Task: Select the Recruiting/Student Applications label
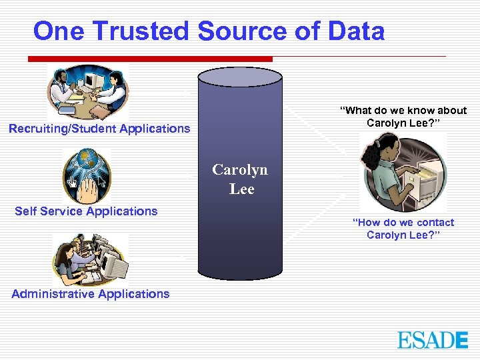click(99, 129)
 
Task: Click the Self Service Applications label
click(86, 211)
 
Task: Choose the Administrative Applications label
click(91, 294)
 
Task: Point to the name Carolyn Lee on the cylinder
click(240, 179)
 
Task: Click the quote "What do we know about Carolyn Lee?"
click(403, 117)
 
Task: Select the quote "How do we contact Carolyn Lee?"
click(403, 229)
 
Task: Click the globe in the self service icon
click(87, 161)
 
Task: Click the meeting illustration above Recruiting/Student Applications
click(87, 92)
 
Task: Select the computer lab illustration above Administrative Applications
click(90, 260)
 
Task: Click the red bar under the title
click(150, 59)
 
